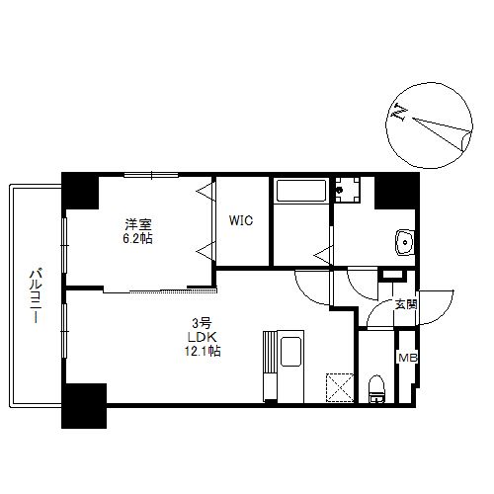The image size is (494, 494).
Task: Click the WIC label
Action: [242, 221]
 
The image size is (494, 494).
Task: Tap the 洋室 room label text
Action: [137, 223]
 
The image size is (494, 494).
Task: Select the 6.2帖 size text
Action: [137, 238]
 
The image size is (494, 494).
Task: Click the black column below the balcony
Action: [83, 405]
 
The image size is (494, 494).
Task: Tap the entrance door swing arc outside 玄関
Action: [437, 304]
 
